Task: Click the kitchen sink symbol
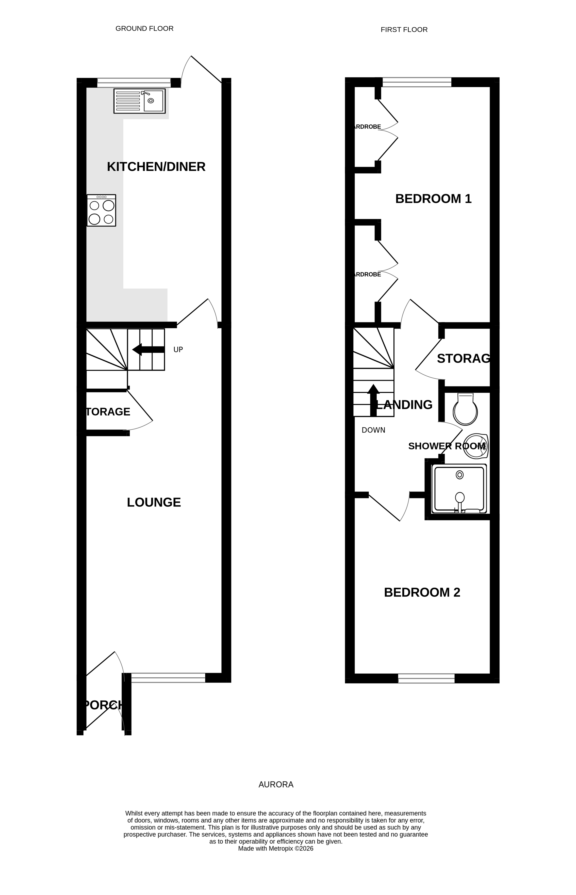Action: click(140, 101)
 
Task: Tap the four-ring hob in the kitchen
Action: click(101, 210)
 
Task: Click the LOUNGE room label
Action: click(154, 502)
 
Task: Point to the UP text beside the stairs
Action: click(178, 349)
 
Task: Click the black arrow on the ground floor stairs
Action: click(148, 349)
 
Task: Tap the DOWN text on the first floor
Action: click(373, 430)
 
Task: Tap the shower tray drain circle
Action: click(460, 475)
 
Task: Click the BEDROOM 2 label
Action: click(422, 592)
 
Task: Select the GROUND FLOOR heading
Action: click(144, 28)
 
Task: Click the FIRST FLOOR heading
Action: click(404, 29)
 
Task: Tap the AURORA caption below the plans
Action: click(276, 785)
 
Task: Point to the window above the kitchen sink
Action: click(134, 82)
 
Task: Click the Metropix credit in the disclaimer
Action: click(276, 849)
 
